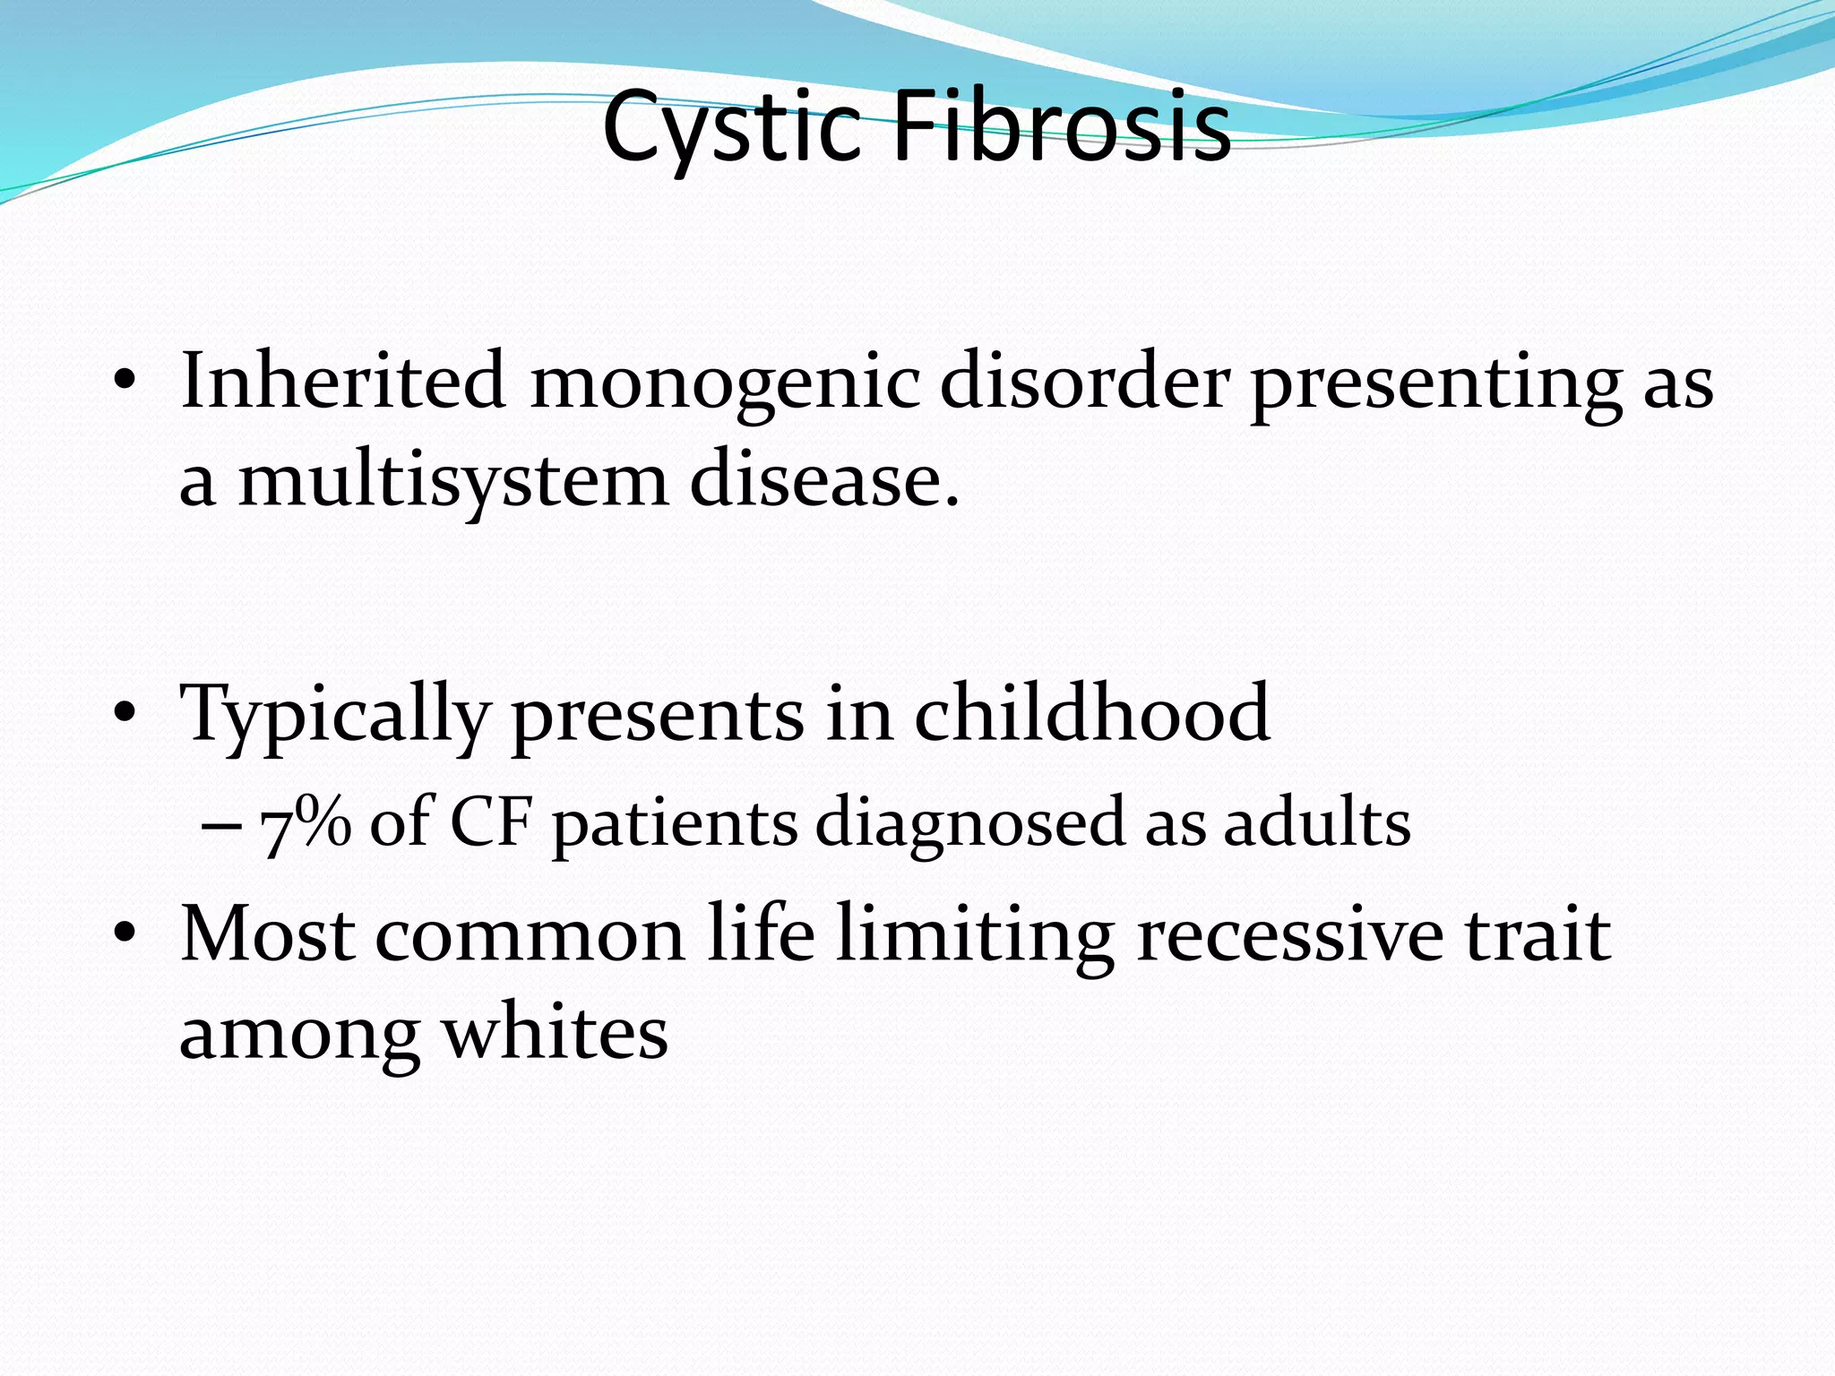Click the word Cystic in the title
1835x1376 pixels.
tap(731, 127)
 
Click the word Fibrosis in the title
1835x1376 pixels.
tap(1063, 127)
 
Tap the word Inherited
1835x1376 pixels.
tap(343, 381)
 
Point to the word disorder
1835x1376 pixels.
tap(1084, 381)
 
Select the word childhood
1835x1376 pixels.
tap(1091, 713)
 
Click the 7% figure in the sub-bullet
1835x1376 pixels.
tap(306, 823)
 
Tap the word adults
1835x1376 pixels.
tap(1317, 822)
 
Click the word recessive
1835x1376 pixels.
tap(1290, 934)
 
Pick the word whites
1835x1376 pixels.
tap(556, 1033)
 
